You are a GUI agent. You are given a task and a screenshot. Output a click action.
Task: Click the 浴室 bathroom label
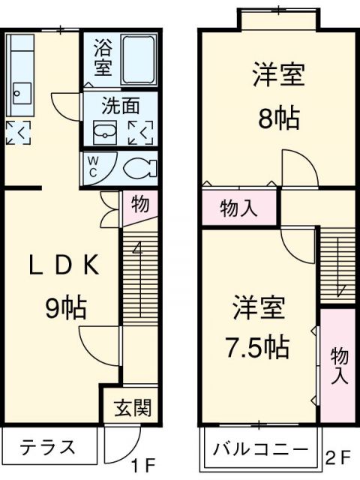102,58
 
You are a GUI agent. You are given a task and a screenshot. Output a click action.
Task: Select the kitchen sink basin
20,94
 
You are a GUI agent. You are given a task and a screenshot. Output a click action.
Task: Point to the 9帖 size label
62,307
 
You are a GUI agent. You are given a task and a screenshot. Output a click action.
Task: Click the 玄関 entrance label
133,408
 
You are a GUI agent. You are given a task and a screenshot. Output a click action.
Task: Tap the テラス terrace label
47,448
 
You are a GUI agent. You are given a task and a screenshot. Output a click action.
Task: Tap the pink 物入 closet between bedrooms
239,209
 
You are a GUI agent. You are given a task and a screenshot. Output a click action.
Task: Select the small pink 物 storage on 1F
139,204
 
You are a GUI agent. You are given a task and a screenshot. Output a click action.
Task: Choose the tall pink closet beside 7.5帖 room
339,363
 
